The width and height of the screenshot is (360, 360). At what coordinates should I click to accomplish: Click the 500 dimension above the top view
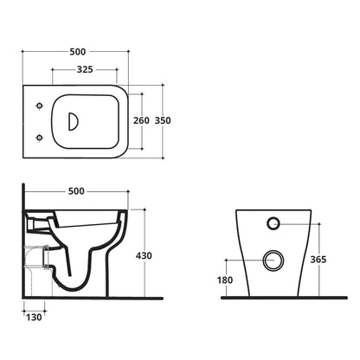coord(78,52)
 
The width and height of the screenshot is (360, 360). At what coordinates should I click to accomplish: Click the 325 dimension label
coord(85,69)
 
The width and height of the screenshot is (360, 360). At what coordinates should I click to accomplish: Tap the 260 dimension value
coord(141,120)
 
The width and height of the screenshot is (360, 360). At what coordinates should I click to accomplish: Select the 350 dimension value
coord(163,120)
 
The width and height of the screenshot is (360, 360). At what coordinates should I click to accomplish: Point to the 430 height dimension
coord(144,255)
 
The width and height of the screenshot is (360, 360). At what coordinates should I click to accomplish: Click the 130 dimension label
coord(34,318)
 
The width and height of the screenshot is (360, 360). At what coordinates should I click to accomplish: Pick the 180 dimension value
coord(225,280)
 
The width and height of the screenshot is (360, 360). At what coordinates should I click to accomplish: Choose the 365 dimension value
coord(318,260)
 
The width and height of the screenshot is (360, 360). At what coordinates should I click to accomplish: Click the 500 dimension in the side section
coord(76,191)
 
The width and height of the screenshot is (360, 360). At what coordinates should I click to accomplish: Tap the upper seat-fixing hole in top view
coord(40,106)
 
